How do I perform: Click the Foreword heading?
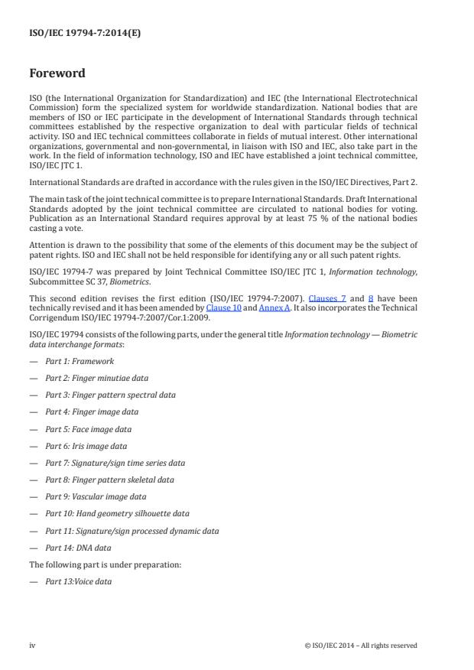coord(57,74)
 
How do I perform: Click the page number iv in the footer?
coord(32,646)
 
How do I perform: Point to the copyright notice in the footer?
coord(360,646)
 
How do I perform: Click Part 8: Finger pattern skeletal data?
coord(109,480)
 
